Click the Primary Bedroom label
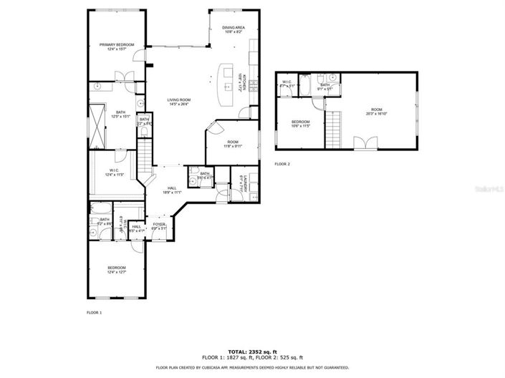[x=116, y=47]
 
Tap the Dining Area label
[x=234, y=29]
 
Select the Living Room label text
[x=178, y=102]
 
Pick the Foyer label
[x=158, y=226]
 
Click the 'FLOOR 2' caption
[x=282, y=164]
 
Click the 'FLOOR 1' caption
[x=94, y=313]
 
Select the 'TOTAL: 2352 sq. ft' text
[x=252, y=351]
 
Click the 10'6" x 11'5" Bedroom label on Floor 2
[x=301, y=124]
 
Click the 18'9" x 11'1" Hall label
[x=172, y=190]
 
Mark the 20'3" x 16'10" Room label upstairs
[x=377, y=111]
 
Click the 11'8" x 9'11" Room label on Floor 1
[x=234, y=144]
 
